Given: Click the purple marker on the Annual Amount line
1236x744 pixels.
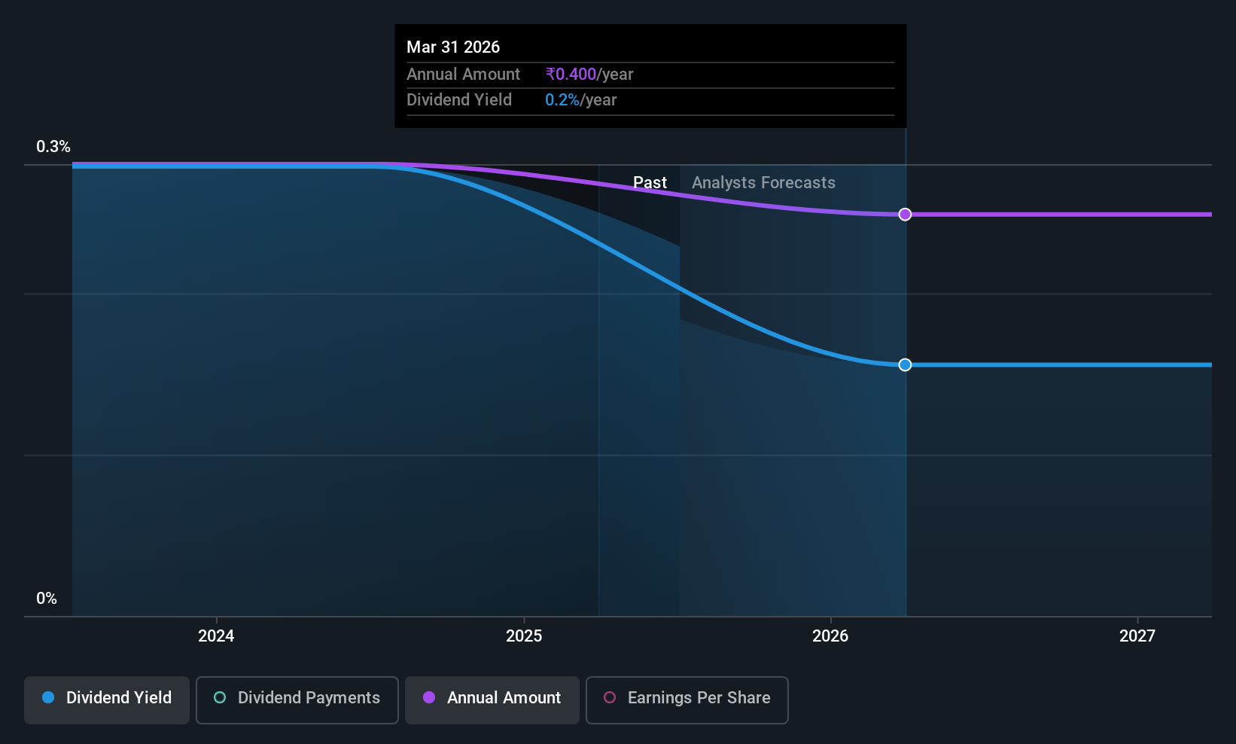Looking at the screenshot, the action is click(x=905, y=214).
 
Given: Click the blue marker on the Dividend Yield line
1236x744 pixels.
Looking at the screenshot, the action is click(x=905, y=364).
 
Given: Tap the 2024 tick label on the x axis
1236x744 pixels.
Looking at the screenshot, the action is click(x=216, y=636).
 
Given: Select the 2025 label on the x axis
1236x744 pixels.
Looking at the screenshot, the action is click(x=524, y=636).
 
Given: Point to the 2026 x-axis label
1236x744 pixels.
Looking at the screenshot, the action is click(x=830, y=636).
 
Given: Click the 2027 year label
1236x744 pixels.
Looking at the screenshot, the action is click(x=1137, y=636).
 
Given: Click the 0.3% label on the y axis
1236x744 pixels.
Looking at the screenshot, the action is click(x=53, y=147).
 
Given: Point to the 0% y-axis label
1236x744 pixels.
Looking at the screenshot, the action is click(x=47, y=599).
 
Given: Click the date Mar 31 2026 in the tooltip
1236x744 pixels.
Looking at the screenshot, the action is click(x=453, y=47).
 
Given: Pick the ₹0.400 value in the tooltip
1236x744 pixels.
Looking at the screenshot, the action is click(x=571, y=74).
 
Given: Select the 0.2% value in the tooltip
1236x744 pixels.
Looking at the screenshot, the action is click(x=562, y=100).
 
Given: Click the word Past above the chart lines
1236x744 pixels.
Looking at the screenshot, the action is click(x=650, y=183).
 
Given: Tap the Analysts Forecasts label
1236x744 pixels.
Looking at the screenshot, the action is click(x=764, y=183).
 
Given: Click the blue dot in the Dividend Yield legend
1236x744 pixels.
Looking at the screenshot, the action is click(x=49, y=697).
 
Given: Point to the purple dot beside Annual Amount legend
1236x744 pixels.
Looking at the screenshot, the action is click(x=429, y=697).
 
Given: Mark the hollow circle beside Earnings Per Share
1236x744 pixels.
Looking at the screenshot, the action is click(x=610, y=697).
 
